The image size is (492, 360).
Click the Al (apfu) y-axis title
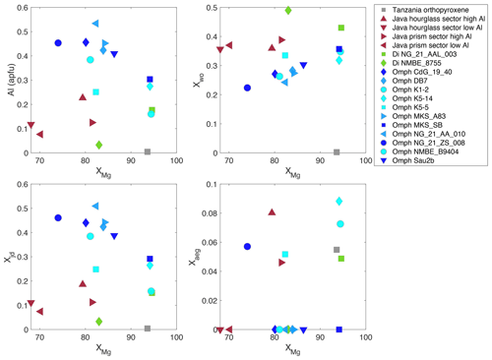coord(12,80)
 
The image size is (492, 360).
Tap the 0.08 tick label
coord(209,213)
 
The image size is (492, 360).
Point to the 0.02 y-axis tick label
coord(209,301)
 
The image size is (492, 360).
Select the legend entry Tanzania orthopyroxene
coord(430,10)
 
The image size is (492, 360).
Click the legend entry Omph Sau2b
coord(413,160)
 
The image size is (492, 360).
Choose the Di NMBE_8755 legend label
coord(416,63)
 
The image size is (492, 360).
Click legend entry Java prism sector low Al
coord(430,45)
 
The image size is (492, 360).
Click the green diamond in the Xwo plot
coord(288,11)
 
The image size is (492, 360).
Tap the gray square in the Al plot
coord(148,151)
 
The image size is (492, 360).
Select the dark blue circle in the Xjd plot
coord(58,217)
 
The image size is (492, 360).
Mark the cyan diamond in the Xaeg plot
coord(339,201)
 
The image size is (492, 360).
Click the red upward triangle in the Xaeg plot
coord(272,212)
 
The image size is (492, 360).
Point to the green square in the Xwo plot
coord(341,28)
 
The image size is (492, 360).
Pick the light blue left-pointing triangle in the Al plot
coord(95,24)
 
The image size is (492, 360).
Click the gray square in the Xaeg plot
coord(337,250)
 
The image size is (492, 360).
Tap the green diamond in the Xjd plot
coord(99,322)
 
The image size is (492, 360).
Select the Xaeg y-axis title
coord(194,258)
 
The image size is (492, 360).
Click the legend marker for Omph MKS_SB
coord(384,125)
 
